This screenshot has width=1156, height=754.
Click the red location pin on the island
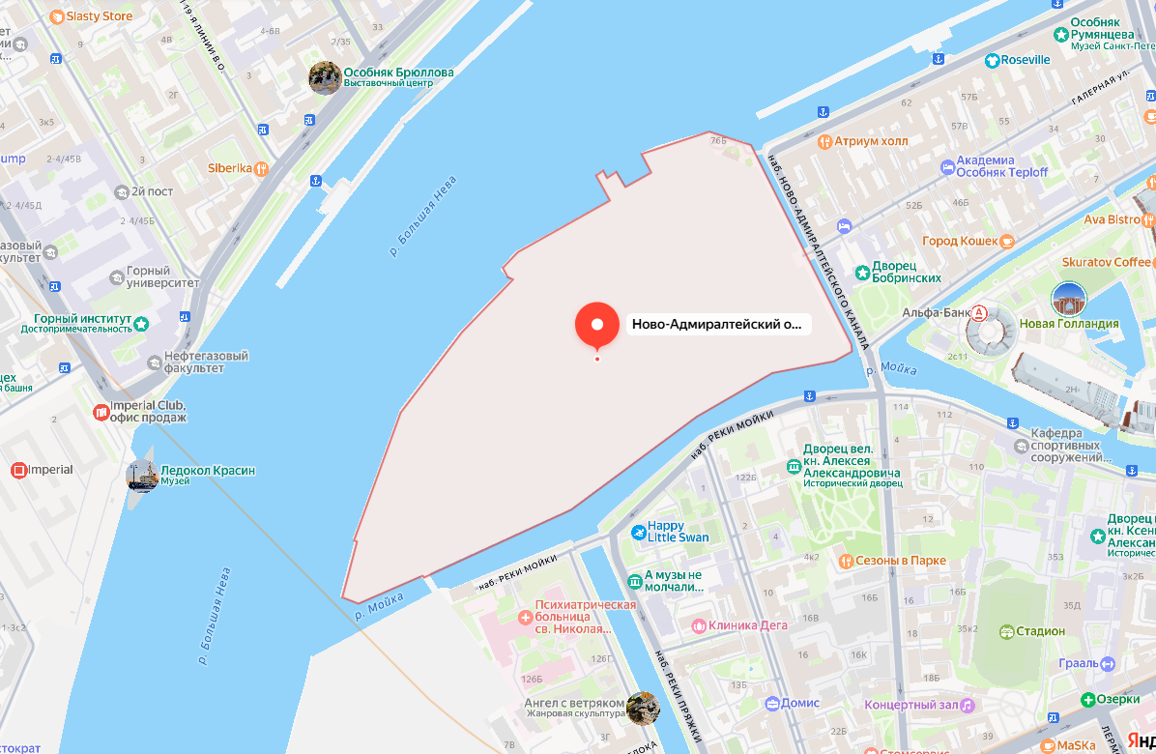(596, 325)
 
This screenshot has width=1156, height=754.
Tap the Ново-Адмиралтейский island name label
(716, 325)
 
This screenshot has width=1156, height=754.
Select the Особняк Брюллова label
(398, 73)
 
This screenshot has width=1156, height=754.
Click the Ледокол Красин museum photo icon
(142, 475)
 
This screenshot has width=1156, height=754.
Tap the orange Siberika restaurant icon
(260, 168)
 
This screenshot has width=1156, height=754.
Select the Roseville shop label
(1025, 60)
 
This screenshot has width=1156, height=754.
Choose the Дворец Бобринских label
(906, 272)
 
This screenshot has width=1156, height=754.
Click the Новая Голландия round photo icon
(1069, 300)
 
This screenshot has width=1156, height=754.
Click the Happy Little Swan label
(678, 532)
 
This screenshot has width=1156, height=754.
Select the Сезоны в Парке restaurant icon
(846, 561)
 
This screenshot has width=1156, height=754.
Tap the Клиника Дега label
(747, 625)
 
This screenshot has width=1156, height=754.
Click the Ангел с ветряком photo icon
(642, 708)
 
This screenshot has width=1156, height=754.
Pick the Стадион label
(1040, 631)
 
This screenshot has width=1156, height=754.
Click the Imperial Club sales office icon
(101, 413)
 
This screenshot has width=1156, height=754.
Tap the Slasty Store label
(98, 16)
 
